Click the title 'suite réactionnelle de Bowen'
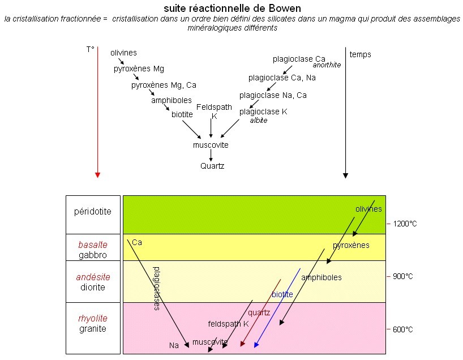click(232, 8)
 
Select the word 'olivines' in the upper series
click(123, 53)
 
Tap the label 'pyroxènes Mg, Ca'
click(164, 85)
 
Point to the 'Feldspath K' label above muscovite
click(211, 111)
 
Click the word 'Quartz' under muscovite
click(212, 166)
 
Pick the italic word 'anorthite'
click(327, 65)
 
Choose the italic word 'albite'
click(258, 121)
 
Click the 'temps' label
click(361, 54)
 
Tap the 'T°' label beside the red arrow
click(90, 50)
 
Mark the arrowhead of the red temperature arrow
click(97, 174)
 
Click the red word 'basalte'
click(93, 245)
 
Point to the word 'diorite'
click(93, 287)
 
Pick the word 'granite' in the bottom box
click(93, 329)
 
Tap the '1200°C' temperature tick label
click(405, 224)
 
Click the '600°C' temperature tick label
click(404, 329)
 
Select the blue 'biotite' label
click(282, 294)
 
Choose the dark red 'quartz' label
click(259, 312)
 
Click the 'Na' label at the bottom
click(174, 345)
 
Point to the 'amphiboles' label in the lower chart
click(321, 277)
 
